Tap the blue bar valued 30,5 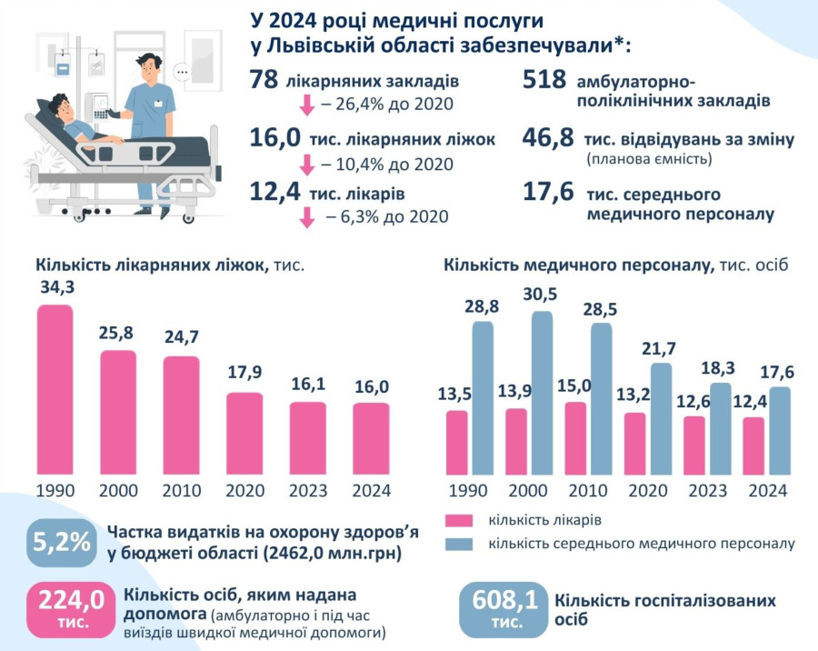pos(541,393)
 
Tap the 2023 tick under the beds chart pos(307,491)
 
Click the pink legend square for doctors pos(460,521)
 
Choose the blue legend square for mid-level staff pos(460,544)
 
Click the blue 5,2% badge pos(62,542)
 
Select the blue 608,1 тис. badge pos(504,607)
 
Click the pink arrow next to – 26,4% pos(306,105)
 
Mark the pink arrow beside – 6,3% pos(306,216)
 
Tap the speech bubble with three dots pos(183,71)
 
